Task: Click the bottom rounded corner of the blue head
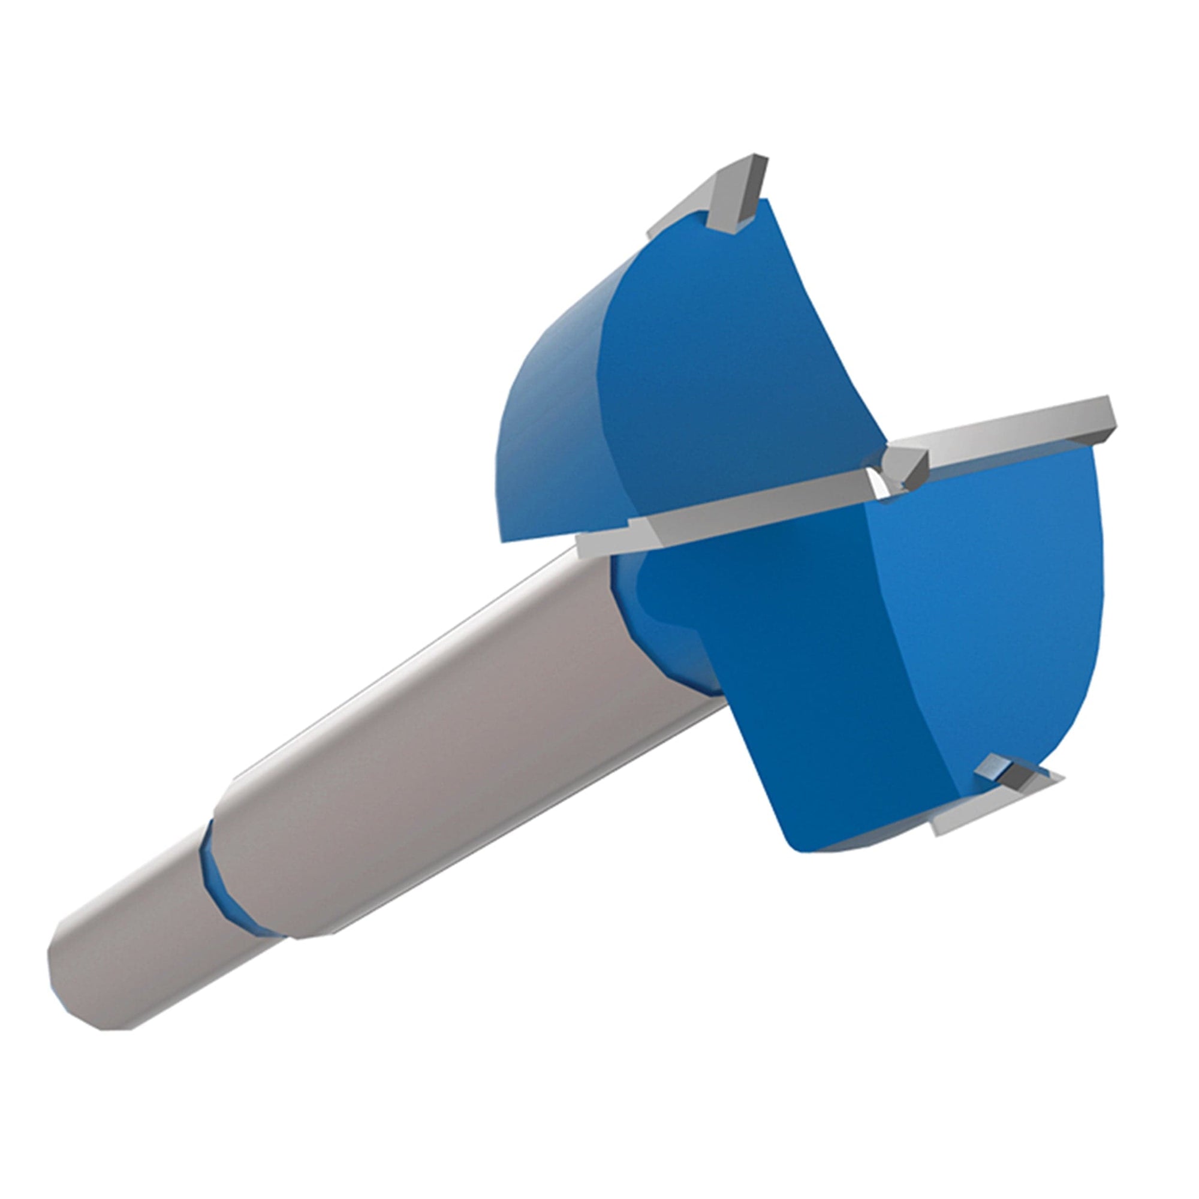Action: [800, 844]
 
